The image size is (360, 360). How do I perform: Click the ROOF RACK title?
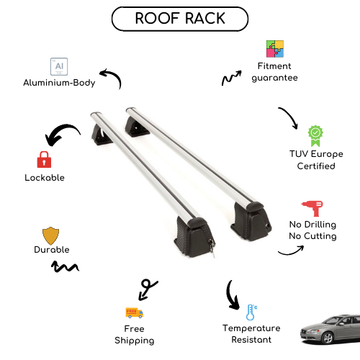179,18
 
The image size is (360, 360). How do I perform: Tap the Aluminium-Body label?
58,83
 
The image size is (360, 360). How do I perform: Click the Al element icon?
57,66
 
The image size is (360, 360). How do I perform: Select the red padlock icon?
44,159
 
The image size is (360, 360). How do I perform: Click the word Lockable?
45,177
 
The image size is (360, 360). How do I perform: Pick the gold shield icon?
50,235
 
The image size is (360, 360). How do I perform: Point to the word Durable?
52,250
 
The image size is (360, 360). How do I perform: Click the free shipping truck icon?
134,312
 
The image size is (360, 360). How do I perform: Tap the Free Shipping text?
135,334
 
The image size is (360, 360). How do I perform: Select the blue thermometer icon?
251,312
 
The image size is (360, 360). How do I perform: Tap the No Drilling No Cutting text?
312,230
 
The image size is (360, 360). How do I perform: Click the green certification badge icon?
315,135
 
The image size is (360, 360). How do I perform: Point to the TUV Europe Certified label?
316,160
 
